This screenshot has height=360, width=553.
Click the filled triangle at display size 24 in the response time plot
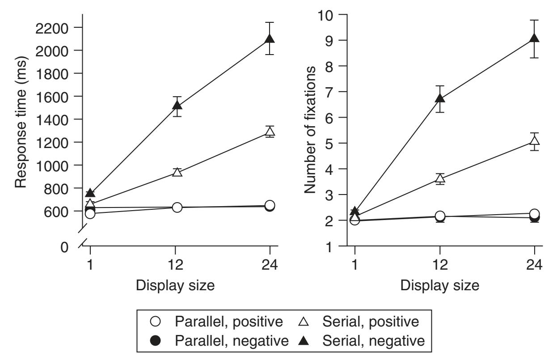tap(270, 38)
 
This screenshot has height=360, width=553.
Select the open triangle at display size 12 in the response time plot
tap(177, 172)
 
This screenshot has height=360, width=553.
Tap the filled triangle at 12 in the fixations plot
tap(440, 98)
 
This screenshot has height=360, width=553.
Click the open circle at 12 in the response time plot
tap(177, 207)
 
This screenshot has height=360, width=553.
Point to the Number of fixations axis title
tap(310, 130)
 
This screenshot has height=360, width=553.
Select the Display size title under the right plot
tap(440, 286)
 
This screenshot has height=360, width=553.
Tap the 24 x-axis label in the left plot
tap(270, 264)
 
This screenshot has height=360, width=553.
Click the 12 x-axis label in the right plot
tap(440, 264)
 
